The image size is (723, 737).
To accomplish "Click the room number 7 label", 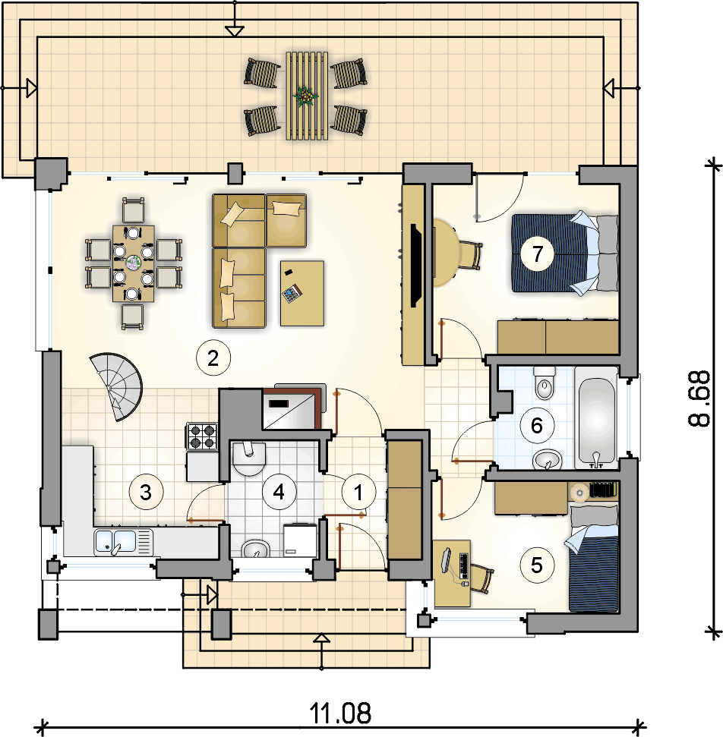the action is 538,254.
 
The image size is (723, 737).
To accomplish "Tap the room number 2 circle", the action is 213,358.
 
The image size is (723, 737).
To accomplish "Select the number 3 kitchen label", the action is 146,492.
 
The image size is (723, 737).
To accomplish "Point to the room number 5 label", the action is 537,565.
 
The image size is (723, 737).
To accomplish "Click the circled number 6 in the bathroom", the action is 537,425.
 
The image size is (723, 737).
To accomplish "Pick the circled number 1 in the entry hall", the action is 358,492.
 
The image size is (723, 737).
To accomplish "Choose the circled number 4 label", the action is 279,492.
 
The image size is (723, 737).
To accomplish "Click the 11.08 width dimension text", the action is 340,713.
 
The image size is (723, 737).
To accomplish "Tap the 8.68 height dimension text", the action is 699,398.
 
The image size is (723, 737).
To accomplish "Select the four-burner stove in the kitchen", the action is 202,436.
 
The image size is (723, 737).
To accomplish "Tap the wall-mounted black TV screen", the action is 416,266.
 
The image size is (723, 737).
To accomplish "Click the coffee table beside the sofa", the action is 302,293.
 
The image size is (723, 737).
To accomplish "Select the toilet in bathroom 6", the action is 545,383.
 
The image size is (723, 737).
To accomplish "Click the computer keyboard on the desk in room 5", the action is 464,565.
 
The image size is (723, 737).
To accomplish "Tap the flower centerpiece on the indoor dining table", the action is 134,263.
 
